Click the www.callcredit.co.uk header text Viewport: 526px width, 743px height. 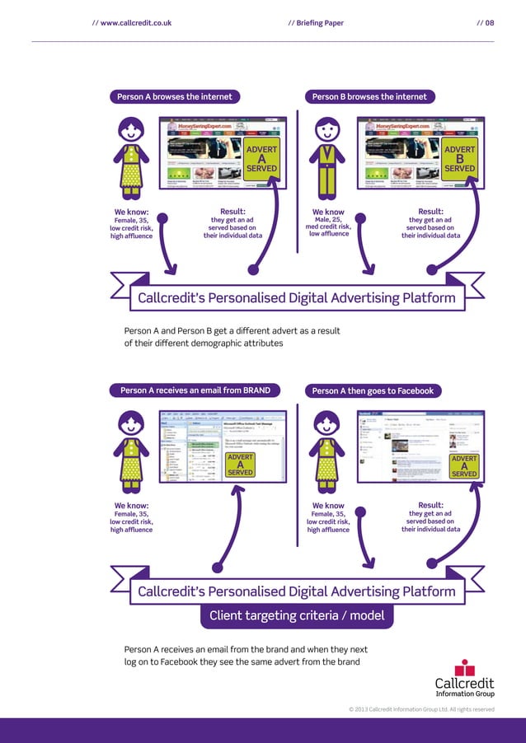pyautogui.click(x=132, y=23)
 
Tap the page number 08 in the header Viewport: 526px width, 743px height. pyautogui.click(x=486, y=23)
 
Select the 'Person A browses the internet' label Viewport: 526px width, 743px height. pyautogui.click(x=175, y=96)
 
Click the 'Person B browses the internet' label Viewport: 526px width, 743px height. pyautogui.click(x=370, y=96)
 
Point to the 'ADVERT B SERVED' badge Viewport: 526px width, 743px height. pyautogui.click(x=459, y=157)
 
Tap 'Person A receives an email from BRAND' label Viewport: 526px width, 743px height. pyautogui.click(x=195, y=390)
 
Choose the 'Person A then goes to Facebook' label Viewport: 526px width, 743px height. pyautogui.click(x=373, y=390)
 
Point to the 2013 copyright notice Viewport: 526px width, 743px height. pyautogui.click(x=421, y=709)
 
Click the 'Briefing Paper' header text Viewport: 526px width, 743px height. pyautogui.click(x=317, y=23)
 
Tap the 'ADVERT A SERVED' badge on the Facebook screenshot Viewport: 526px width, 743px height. pyautogui.click(x=464, y=465)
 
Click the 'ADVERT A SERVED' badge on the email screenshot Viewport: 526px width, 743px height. pyautogui.click(x=240, y=465)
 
